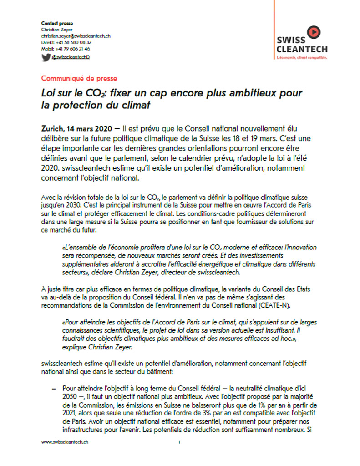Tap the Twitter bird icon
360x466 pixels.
46,57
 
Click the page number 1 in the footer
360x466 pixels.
180,442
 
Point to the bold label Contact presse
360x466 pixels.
57,23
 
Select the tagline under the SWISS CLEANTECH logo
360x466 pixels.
302,58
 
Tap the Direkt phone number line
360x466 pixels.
66,42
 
